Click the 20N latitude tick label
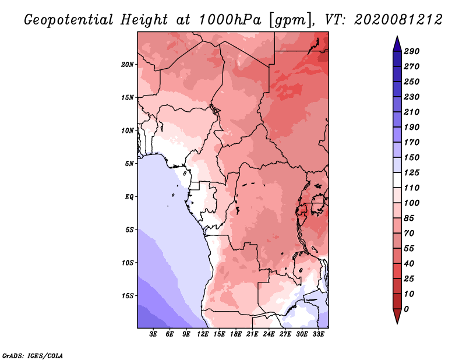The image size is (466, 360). point(128,64)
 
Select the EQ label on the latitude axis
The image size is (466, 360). point(129,196)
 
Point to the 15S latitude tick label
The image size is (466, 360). point(128,295)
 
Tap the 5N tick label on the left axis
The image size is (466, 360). point(129,163)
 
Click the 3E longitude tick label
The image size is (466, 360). point(154,334)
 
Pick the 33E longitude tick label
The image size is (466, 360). point(319,334)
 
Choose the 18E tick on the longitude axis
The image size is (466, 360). point(236,334)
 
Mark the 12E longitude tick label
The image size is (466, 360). point(203,334)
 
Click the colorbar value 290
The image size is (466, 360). point(412,51)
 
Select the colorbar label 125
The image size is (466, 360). point(412,172)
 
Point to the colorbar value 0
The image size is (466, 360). point(406,309)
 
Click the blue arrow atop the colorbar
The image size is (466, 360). point(396,43)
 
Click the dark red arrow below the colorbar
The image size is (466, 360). point(396,317)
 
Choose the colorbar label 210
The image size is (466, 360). point(412,112)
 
